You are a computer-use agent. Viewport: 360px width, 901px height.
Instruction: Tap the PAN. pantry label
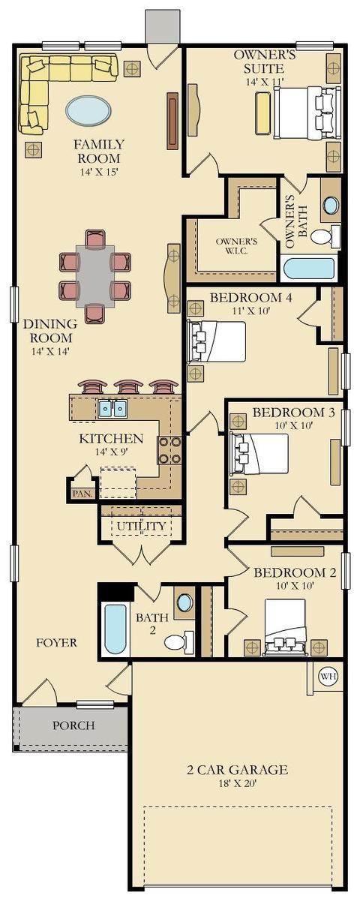82,493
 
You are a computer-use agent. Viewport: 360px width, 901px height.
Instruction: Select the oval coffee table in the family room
88,110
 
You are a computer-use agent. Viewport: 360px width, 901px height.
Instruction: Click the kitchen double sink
112,409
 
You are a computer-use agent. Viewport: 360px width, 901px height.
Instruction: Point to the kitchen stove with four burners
169,449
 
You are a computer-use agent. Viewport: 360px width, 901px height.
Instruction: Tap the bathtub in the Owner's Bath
309,269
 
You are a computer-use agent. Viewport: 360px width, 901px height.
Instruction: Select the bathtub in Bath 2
115,629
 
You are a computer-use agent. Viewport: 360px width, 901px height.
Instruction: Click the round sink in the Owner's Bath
331,205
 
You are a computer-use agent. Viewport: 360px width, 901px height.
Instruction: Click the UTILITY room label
136,526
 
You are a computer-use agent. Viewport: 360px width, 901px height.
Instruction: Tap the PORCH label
74,725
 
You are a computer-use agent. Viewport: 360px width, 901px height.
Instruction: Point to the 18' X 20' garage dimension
238,782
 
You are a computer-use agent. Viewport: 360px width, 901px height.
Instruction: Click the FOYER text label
56,642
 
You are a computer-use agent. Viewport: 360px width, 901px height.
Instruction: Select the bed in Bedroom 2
284,627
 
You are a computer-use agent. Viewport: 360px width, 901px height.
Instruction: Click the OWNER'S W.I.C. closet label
236,246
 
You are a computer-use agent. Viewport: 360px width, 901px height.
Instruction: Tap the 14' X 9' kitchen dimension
111,452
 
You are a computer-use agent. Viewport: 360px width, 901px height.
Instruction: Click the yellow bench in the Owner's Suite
263,113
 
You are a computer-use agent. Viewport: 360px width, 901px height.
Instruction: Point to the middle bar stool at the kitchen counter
128,386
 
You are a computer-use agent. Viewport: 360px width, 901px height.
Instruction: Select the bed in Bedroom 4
217,341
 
